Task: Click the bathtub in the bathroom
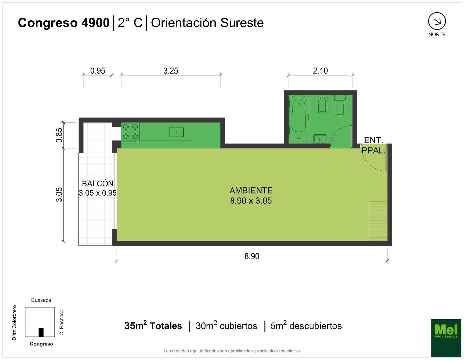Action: coord(299,117)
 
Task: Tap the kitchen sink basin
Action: coord(176,132)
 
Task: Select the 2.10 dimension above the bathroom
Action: coord(320,71)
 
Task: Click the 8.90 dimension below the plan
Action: coord(252,256)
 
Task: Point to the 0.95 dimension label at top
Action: coord(98,71)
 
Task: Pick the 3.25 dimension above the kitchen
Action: coord(171,71)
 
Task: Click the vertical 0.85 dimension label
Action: coord(59,135)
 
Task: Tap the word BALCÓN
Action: coord(98,184)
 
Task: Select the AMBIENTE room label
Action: coord(251,190)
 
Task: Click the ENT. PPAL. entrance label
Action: coord(374,145)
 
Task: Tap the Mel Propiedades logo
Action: coord(446,338)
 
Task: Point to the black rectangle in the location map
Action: coord(41,332)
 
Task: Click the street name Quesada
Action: coord(41,300)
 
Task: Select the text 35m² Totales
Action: coord(153,326)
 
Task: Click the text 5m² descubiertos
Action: coord(306,326)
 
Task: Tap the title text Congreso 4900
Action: coord(64,23)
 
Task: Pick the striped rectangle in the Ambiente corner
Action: coord(378,221)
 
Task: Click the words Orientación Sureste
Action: coord(207,23)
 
